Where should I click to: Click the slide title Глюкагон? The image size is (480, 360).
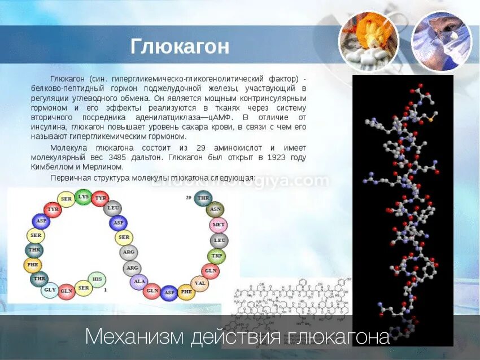tap(180, 46)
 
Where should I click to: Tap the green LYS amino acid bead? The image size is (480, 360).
tap(83, 197)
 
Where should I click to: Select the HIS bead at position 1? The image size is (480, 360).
tap(98, 279)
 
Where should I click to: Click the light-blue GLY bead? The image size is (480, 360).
tap(50, 290)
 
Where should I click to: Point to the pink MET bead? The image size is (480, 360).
tap(218, 225)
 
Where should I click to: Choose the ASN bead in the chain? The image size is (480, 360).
tap(215, 210)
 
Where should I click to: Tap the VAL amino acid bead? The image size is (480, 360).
tap(199, 283)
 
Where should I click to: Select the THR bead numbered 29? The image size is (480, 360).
tap(203, 198)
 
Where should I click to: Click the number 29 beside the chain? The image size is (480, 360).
tap(189, 197)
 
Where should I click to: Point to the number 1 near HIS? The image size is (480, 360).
tap(105, 289)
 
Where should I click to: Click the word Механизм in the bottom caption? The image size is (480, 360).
tap(134, 337)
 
